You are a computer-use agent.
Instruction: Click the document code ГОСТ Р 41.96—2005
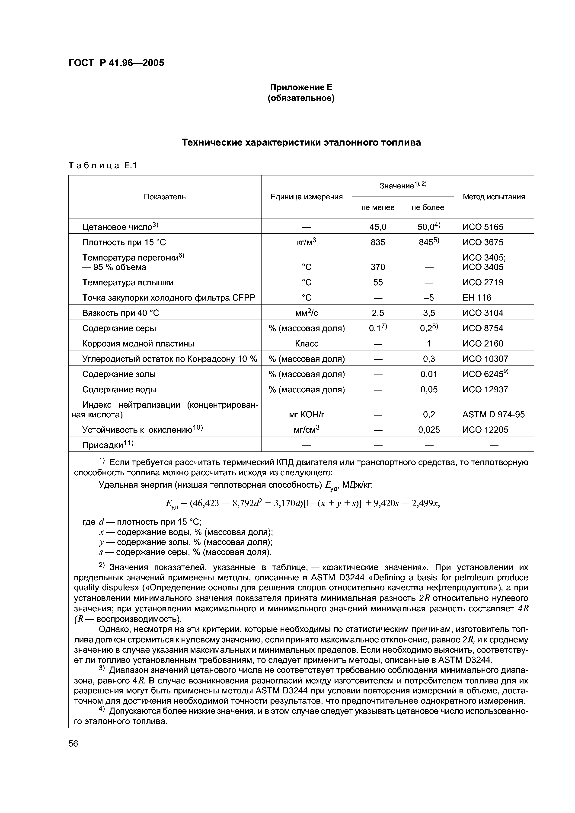tap(116, 63)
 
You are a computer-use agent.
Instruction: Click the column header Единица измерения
tap(307, 197)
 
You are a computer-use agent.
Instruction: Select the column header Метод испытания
tap(494, 197)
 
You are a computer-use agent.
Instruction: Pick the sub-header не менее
tap(378, 207)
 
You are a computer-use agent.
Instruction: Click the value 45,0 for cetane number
tap(378, 227)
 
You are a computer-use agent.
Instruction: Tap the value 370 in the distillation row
tap(378, 267)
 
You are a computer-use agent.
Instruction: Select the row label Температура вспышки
tap(128, 282)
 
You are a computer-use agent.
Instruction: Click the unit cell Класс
tap(307, 343)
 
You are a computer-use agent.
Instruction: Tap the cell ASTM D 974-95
tap(493, 414)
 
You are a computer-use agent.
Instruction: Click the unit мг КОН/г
tap(307, 414)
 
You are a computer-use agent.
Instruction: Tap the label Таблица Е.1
tap(102, 165)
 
